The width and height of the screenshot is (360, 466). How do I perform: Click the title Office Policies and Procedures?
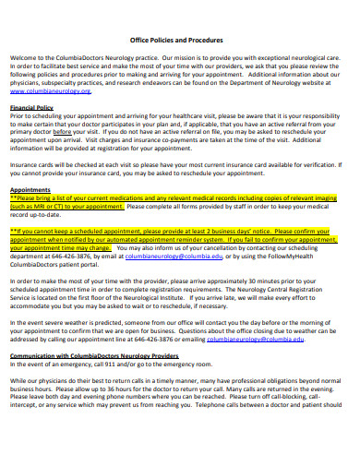[179, 41]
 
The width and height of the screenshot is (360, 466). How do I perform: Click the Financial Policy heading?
[31, 108]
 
